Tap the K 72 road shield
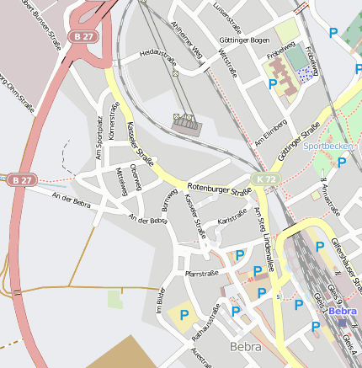click(267, 179)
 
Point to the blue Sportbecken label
click(329, 146)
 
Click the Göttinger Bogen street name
click(243, 40)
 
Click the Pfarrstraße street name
click(201, 273)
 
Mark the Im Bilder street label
click(160, 301)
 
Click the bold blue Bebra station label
click(343, 312)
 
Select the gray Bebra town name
click(246, 346)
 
